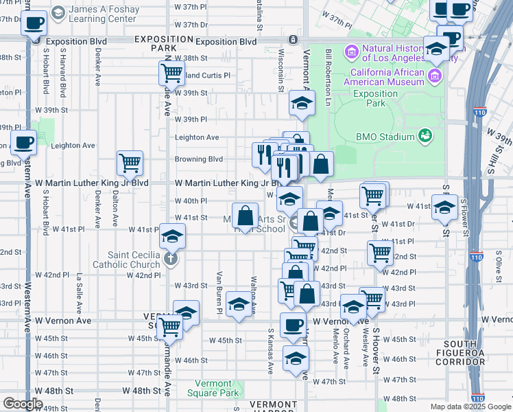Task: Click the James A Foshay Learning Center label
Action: coord(103,14)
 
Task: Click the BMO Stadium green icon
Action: coord(425,136)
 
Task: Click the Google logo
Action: coord(22,404)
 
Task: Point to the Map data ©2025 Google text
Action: coord(470,407)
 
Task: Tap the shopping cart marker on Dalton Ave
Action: coord(130,163)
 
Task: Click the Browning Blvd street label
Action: coord(199,159)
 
